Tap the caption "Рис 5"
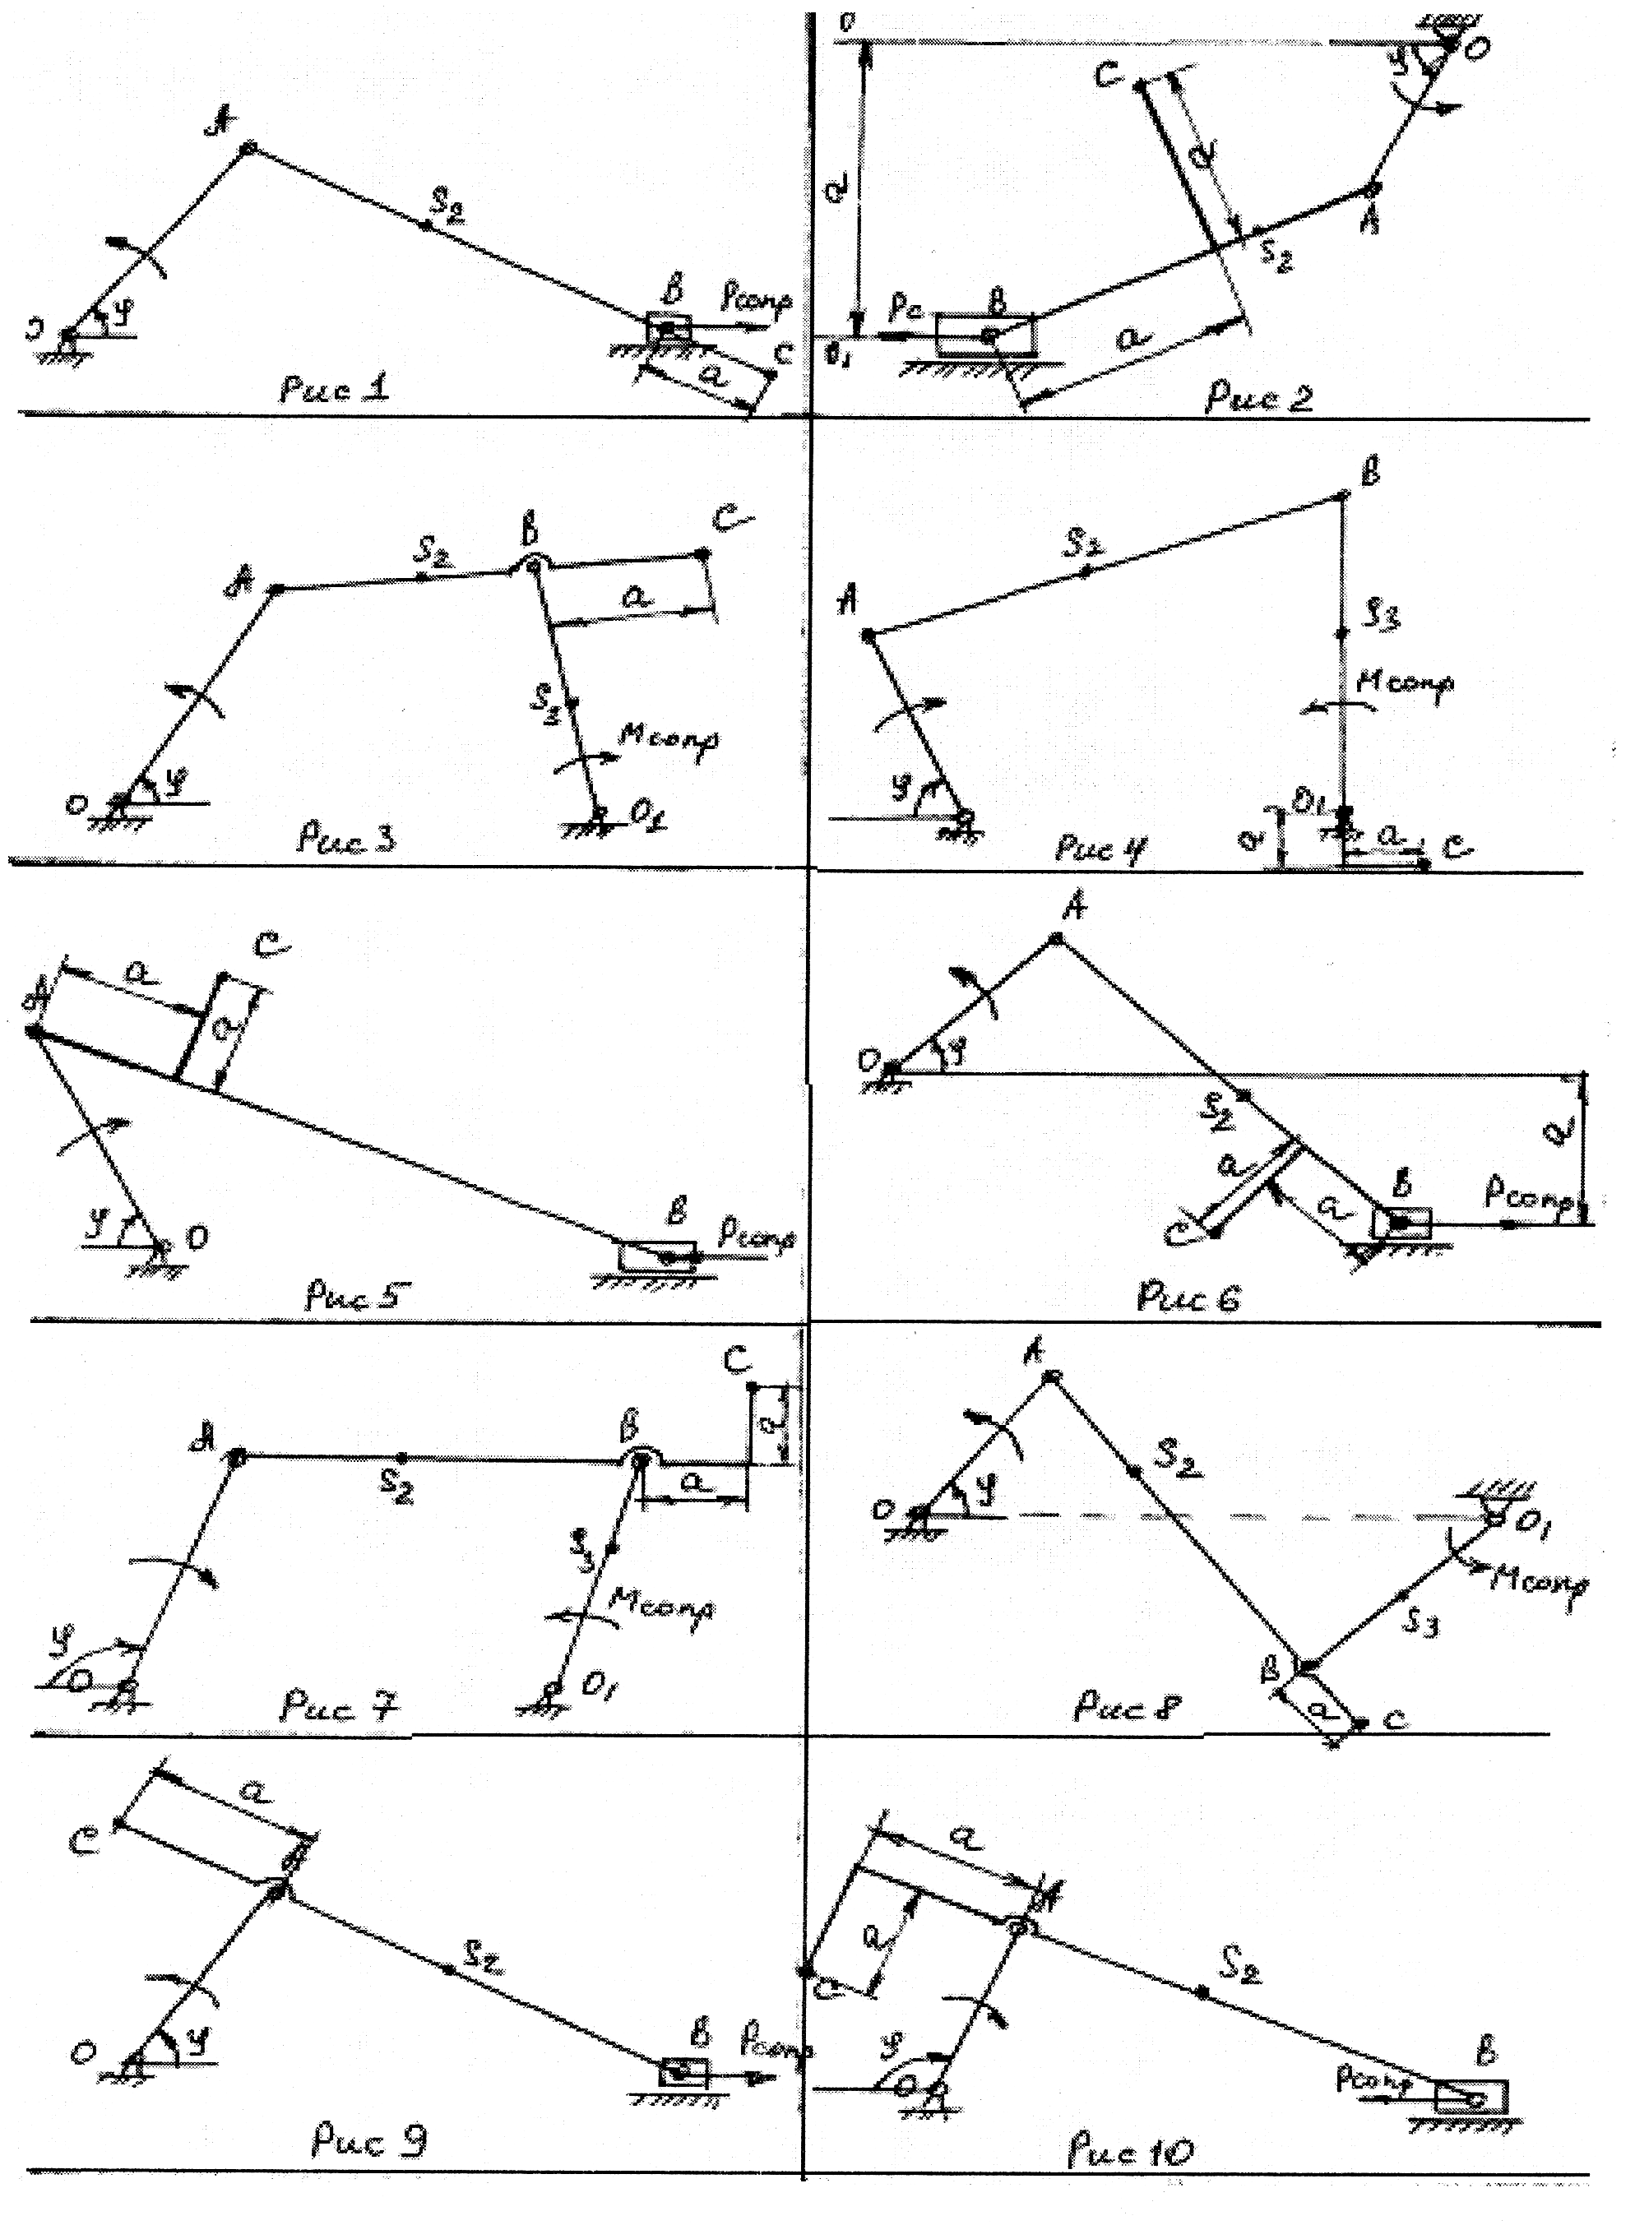[x=352, y=1295]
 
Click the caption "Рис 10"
[x=1131, y=2151]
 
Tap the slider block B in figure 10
[x=1471, y=2097]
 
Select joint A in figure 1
[x=248, y=147]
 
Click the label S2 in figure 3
[x=433, y=557]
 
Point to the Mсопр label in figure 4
[x=1405, y=682]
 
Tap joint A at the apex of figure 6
[x=1057, y=938]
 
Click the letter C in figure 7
[x=735, y=1362]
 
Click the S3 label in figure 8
[x=1422, y=1623]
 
